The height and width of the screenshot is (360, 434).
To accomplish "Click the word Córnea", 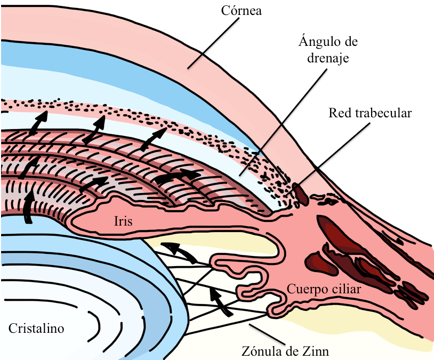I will (x=242, y=10).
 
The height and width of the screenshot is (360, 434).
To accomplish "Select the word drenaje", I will (x=327, y=58).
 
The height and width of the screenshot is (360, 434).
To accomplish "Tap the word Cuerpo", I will (x=306, y=289).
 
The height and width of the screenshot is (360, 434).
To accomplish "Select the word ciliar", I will (x=343, y=289).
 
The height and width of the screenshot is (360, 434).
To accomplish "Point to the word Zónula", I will (x=260, y=351).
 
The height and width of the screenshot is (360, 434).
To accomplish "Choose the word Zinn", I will (x=316, y=351).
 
